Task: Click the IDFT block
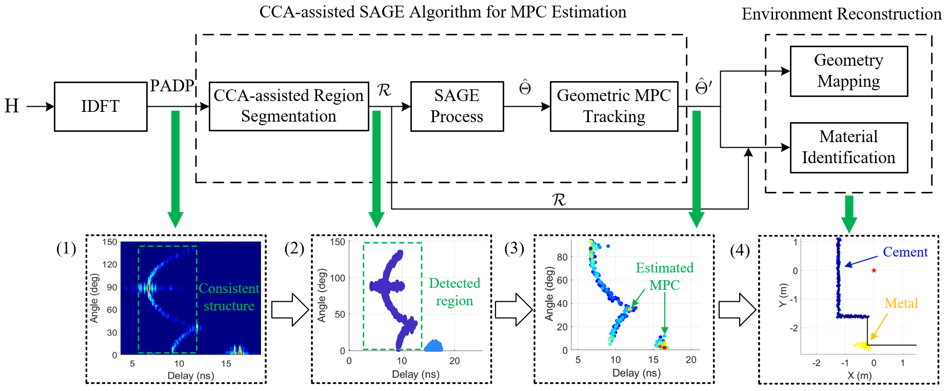(101, 106)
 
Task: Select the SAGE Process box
(457, 106)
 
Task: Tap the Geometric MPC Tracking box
(613, 106)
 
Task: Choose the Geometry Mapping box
(848, 71)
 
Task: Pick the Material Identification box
(848, 147)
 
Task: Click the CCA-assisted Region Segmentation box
(289, 106)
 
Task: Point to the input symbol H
(12, 106)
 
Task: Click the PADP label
(172, 86)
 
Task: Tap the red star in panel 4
(874, 270)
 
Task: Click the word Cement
(905, 252)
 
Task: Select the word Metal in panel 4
(901, 303)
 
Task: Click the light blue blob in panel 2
(434, 346)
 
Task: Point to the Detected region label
(454, 292)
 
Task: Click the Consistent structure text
(229, 297)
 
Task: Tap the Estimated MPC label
(664, 276)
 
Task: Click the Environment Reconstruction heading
(841, 14)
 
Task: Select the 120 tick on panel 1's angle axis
(110, 264)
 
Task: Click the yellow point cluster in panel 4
(863, 345)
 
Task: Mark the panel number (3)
(514, 249)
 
